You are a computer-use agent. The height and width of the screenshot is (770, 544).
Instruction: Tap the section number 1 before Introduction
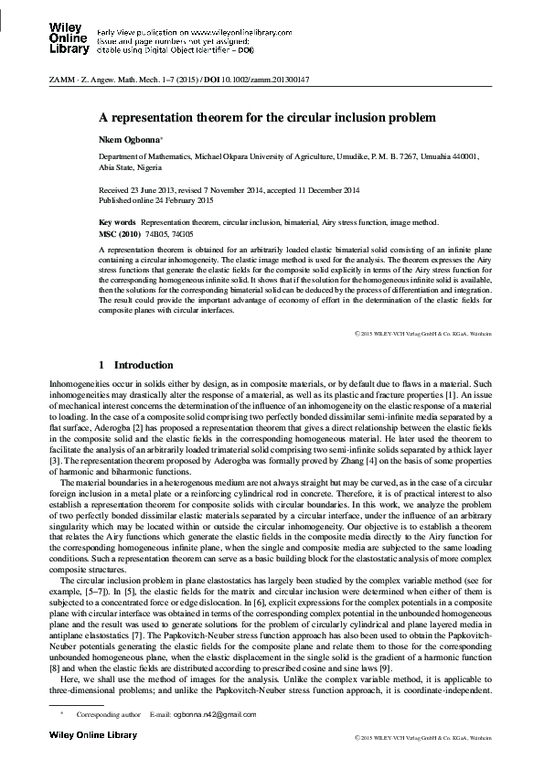coord(101,365)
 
